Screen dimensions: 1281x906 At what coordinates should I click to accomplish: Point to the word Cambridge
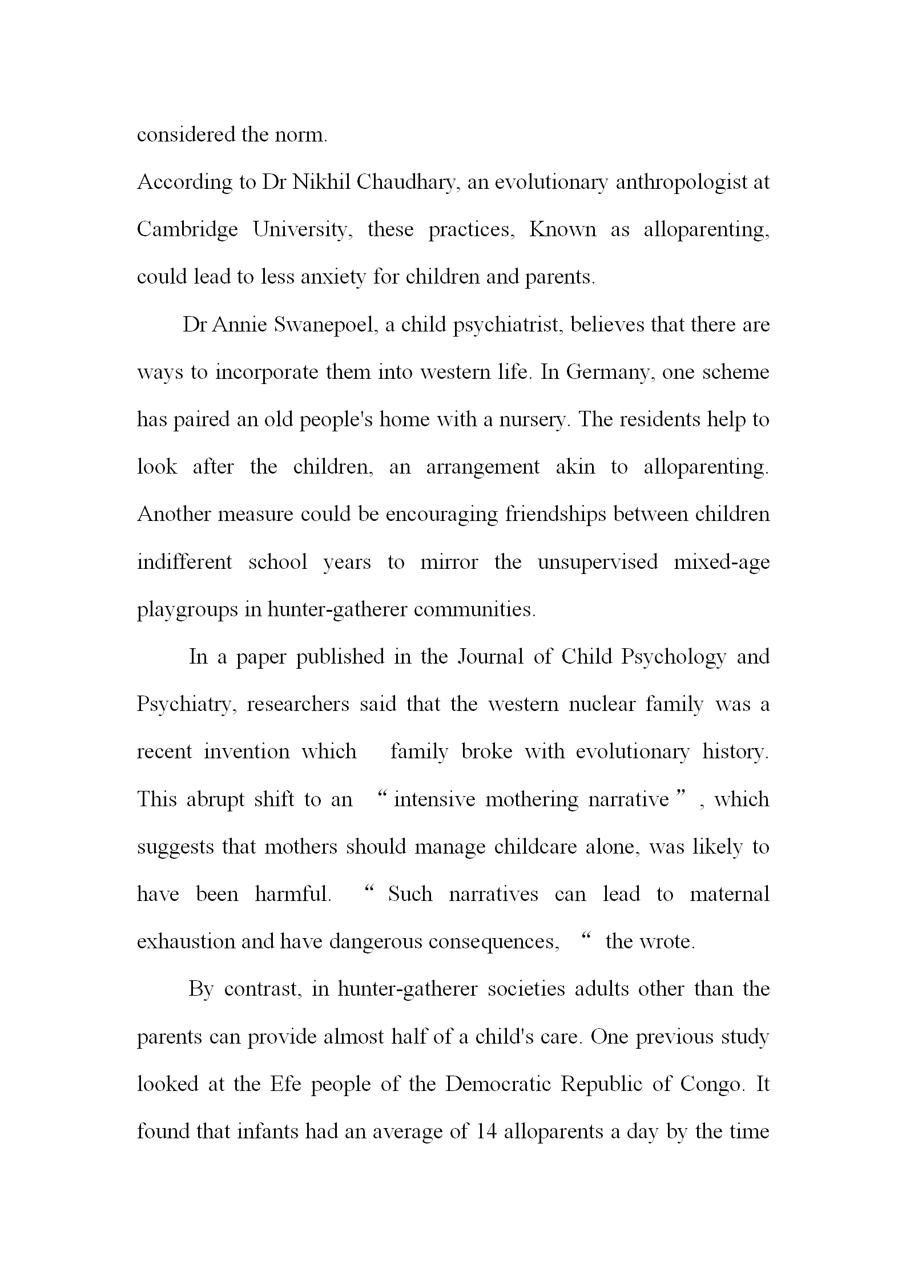pos(187,229)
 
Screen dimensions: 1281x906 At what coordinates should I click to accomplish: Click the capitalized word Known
pos(562,229)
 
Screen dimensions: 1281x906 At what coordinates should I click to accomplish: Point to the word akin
pos(575,467)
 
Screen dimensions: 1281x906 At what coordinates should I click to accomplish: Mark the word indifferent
pos(184,562)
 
